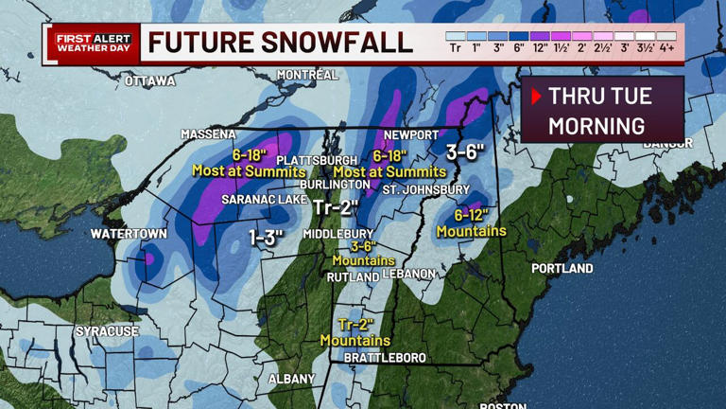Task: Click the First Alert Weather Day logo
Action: [93, 44]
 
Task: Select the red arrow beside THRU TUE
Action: [536, 97]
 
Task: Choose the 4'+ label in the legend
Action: [666, 48]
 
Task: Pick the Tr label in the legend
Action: [455, 48]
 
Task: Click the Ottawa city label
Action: [149, 81]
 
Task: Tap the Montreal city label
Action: [307, 75]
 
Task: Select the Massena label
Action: [209, 134]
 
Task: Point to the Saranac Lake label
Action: [260, 200]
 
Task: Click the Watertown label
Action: [129, 234]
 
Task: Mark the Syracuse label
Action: [107, 331]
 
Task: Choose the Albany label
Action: [291, 379]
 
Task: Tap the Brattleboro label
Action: [385, 358]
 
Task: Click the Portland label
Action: [562, 268]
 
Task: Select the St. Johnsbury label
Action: [425, 189]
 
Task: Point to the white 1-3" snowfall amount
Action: [267, 238]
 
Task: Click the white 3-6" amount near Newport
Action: [465, 151]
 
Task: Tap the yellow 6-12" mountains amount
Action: [472, 215]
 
